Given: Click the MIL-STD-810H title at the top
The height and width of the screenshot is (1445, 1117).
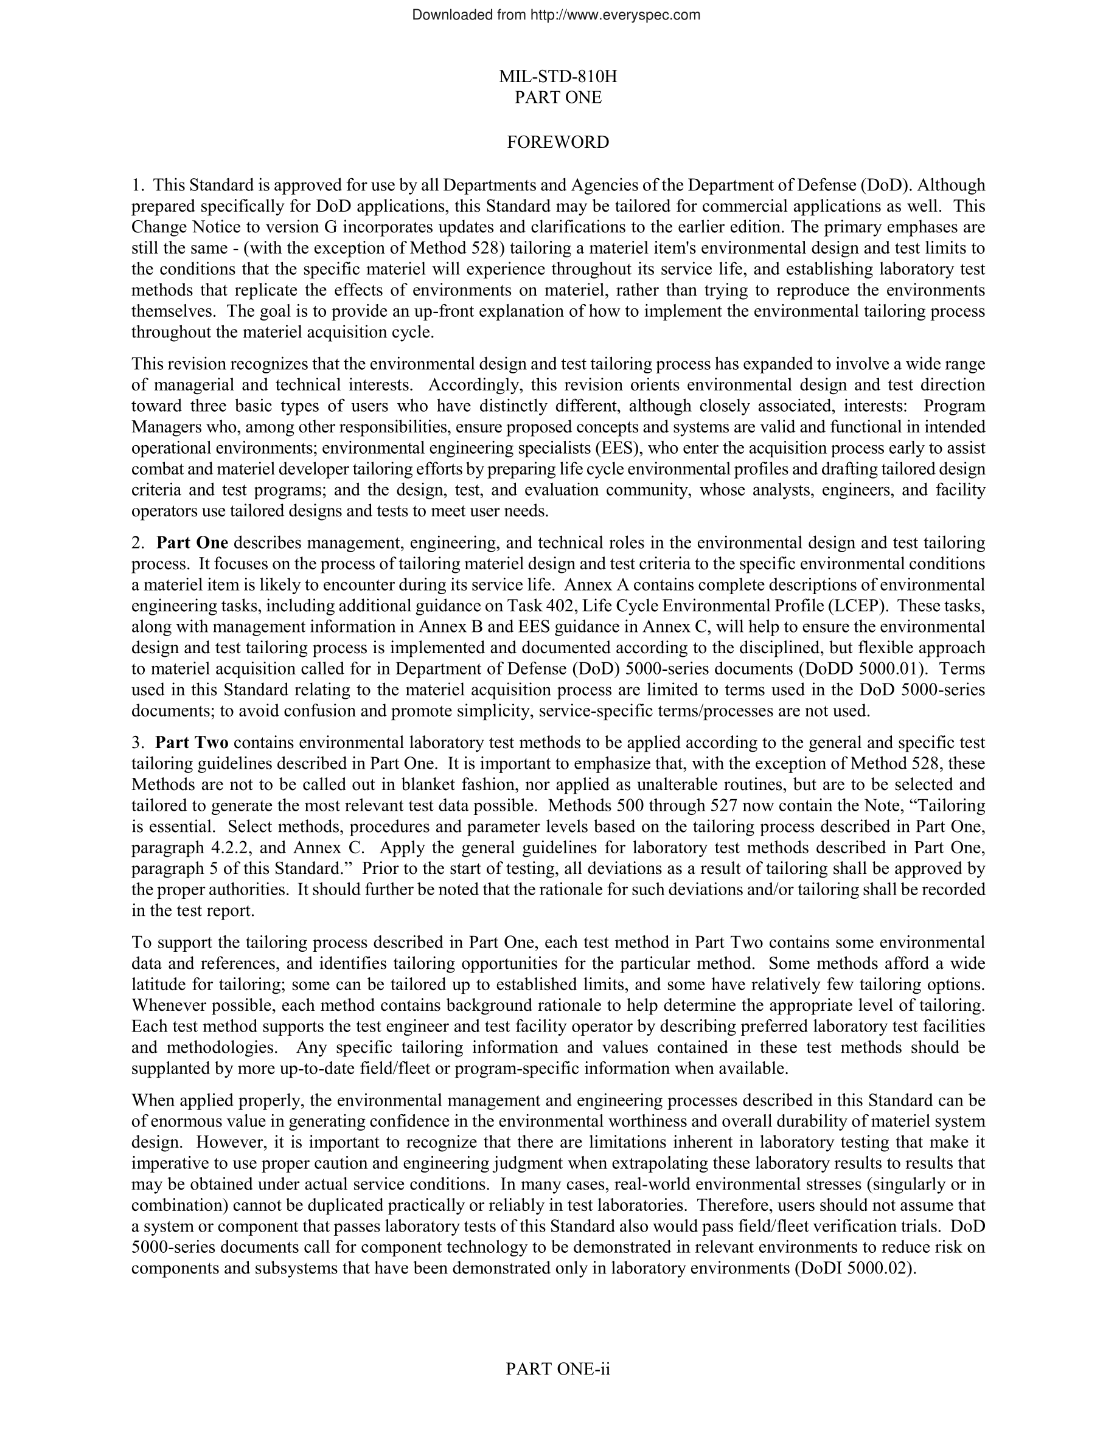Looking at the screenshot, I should (x=558, y=77).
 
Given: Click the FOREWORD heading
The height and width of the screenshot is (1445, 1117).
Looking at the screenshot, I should (x=558, y=143).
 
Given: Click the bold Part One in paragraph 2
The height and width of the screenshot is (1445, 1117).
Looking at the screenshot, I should (x=192, y=543).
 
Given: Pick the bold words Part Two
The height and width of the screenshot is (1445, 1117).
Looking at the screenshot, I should (x=192, y=743).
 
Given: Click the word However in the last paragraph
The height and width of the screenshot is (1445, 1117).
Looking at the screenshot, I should (x=226, y=1143).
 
